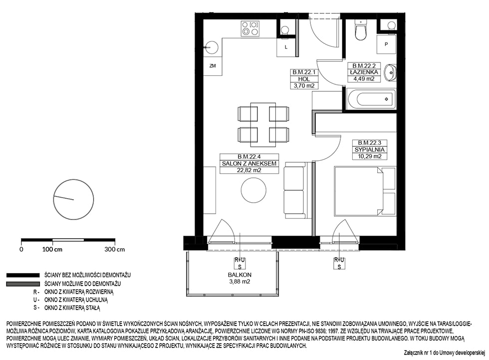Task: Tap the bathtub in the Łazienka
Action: point(371,99)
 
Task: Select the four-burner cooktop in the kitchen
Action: point(250,28)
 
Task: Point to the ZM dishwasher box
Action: point(213,66)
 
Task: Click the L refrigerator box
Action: point(286,47)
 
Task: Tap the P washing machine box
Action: point(386,44)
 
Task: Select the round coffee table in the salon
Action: point(253,190)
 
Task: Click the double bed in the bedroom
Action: point(365,191)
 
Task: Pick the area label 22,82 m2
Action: point(248,170)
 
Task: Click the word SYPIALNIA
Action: point(370,150)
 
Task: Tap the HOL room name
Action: point(304,79)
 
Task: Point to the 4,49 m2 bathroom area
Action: point(364,78)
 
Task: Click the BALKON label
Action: point(240,275)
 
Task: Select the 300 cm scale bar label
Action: point(114,249)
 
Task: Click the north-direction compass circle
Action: point(74,199)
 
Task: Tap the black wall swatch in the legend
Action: point(23,275)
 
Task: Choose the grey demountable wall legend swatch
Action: point(23,284)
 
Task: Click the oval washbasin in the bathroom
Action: point(390,72)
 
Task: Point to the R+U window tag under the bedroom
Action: point(339,260)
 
